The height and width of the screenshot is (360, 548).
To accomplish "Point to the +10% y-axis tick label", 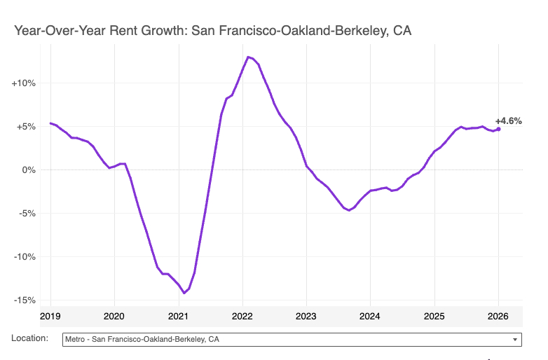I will coord(24,83).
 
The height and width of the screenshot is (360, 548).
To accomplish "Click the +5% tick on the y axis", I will coord(26,127).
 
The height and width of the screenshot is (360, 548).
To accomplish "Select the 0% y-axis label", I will coord(28,170).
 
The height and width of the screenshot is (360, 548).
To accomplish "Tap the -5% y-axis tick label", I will coord(27,214).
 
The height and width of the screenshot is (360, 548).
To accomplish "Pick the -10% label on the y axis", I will coord(25,257).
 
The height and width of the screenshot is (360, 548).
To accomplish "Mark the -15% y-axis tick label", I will coord(25,300).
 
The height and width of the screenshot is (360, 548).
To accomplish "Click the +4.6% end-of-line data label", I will coord(508,120).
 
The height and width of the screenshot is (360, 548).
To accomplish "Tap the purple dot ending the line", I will coord(498,129).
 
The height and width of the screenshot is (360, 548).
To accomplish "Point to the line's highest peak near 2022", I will coord(248,57).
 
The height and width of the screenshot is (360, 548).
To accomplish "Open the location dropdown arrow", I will coord(515,340).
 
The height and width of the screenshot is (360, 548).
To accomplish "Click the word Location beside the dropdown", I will coord(30,338).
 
